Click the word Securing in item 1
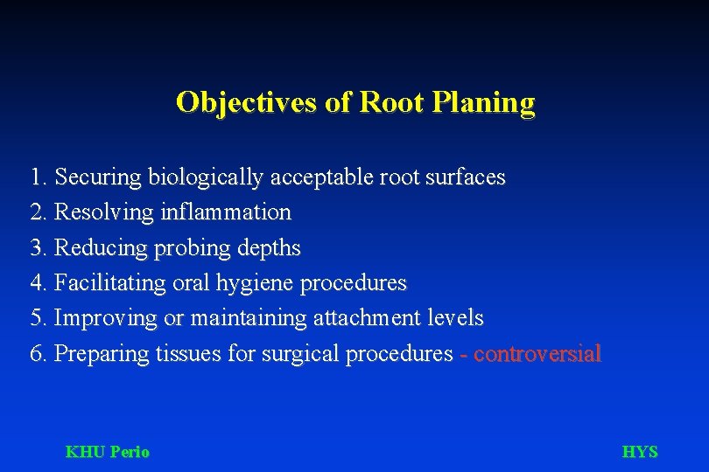tap(98, 177)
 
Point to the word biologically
tap(206, 177)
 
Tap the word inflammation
tap(227, 212)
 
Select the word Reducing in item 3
tap(102, 248)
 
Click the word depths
tap(267, 248)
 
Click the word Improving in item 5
tap(106, 318)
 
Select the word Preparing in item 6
tap(102, 354)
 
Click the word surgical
tap(305, 354)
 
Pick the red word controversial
tap(537, 354)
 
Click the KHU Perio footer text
tap(108, 452)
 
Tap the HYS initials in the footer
tap(639, 452)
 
